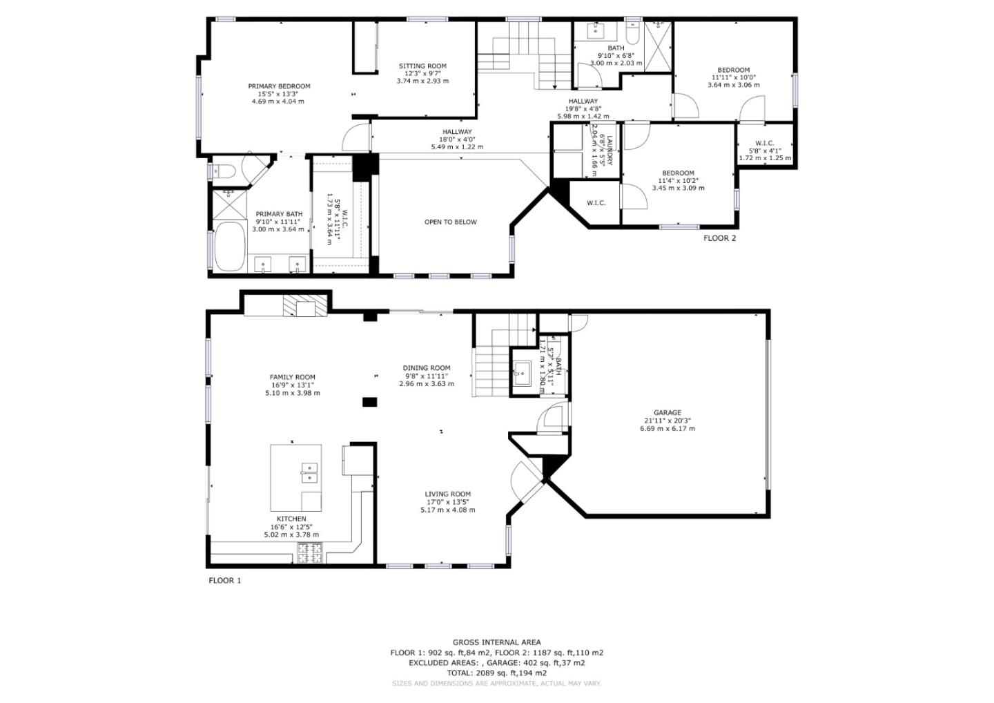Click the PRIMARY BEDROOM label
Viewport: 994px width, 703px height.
pos(279,86)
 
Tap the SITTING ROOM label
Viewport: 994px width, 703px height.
pos(422,66)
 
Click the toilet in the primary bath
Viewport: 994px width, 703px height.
pos(226,171)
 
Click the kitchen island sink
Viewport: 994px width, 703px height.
pos(310,472)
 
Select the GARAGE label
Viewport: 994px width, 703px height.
pos(667,413)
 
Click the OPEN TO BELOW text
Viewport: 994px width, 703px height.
pos(450,222)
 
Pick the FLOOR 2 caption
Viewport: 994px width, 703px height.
pos(719,238)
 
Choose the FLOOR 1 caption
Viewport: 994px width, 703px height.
pos(225,581)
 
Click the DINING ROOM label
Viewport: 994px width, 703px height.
pos(427,368)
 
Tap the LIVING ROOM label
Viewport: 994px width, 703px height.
pos(447,494)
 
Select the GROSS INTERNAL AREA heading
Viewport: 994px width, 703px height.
pos(496,642)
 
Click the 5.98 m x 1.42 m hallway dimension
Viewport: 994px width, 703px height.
pos(583,117)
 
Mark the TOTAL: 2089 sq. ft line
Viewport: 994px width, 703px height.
pos(496,673)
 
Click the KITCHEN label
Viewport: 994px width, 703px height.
pos(291,519)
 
